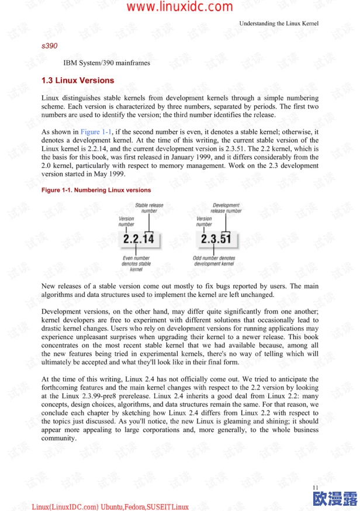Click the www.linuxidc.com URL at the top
[179, 7]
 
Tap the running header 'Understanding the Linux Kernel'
[279, 23]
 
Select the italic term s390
[49, 45]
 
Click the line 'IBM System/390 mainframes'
[106, 63]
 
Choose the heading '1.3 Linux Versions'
[78, 80]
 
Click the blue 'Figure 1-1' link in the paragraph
[96, 132]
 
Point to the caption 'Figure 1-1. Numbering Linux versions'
[96, 190]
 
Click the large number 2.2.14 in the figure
[139, 240]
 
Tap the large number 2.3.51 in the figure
[216, 240]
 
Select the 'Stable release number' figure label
[149, 208]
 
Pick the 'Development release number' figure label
[226, 208]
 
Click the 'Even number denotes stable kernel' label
[136, 264]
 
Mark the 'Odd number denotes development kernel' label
[214, 261]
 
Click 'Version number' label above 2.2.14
[126, 221]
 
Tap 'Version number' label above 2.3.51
[204, 221]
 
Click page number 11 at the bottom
[316, 487]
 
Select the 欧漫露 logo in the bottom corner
[335, 499]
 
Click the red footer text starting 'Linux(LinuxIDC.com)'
[110, 506]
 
